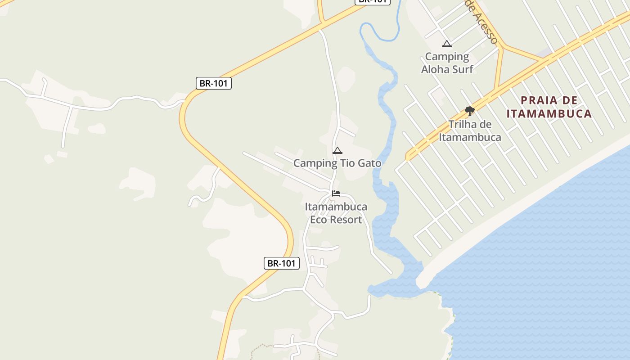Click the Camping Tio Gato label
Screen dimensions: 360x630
[x=337, y=163]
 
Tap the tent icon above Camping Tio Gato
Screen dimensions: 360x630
[x=337, y=151]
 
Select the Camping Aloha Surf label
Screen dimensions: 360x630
[x=447, y=63]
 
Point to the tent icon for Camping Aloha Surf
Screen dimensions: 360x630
[x=446, y=44]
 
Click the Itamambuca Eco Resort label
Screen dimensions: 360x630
[x=336, y=213]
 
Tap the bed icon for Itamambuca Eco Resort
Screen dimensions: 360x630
[x=336, y=194]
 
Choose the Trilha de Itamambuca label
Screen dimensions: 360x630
[x=470, y=130]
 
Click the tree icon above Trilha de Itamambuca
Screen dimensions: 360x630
[x=469, y=111]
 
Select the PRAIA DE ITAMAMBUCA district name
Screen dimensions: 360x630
[x=549, y=107]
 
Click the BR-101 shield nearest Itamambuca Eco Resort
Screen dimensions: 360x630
[x=281, y=263]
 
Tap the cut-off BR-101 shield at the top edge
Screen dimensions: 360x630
[x=372, y=1]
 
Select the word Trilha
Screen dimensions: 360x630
[x=463, y=124]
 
